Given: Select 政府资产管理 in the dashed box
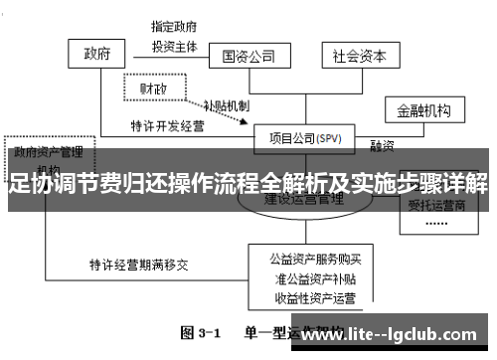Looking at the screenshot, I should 47,153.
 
